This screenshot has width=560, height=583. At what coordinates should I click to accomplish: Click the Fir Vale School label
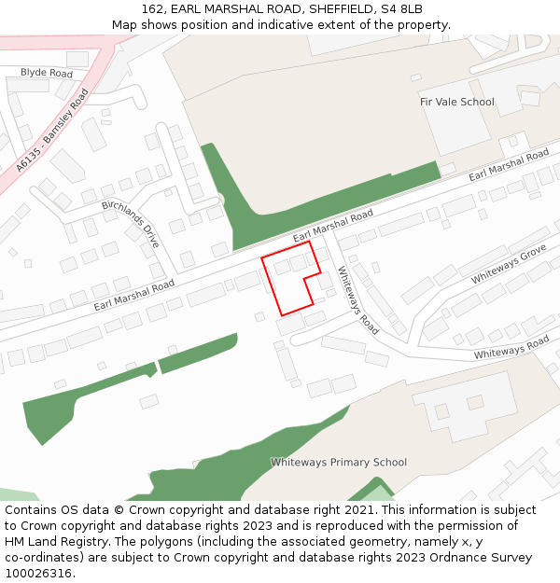click(456, 102)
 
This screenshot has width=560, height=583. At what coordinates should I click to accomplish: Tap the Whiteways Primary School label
click(338, 462)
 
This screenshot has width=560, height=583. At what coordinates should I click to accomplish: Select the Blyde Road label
click(47, 73)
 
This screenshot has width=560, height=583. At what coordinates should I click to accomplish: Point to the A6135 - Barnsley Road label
click(52, 131)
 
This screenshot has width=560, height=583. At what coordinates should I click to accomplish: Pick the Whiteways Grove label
click(508, 265)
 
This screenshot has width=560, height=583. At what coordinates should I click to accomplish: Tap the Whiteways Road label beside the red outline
click(357, 300)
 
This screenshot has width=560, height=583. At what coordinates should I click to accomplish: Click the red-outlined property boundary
click(291, 280)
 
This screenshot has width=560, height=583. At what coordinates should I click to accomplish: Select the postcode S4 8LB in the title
click(402, 9)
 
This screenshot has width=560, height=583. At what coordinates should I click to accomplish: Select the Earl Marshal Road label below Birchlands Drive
click(133, 295)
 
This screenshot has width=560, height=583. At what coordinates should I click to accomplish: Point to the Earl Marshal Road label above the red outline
click(332, 227)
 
